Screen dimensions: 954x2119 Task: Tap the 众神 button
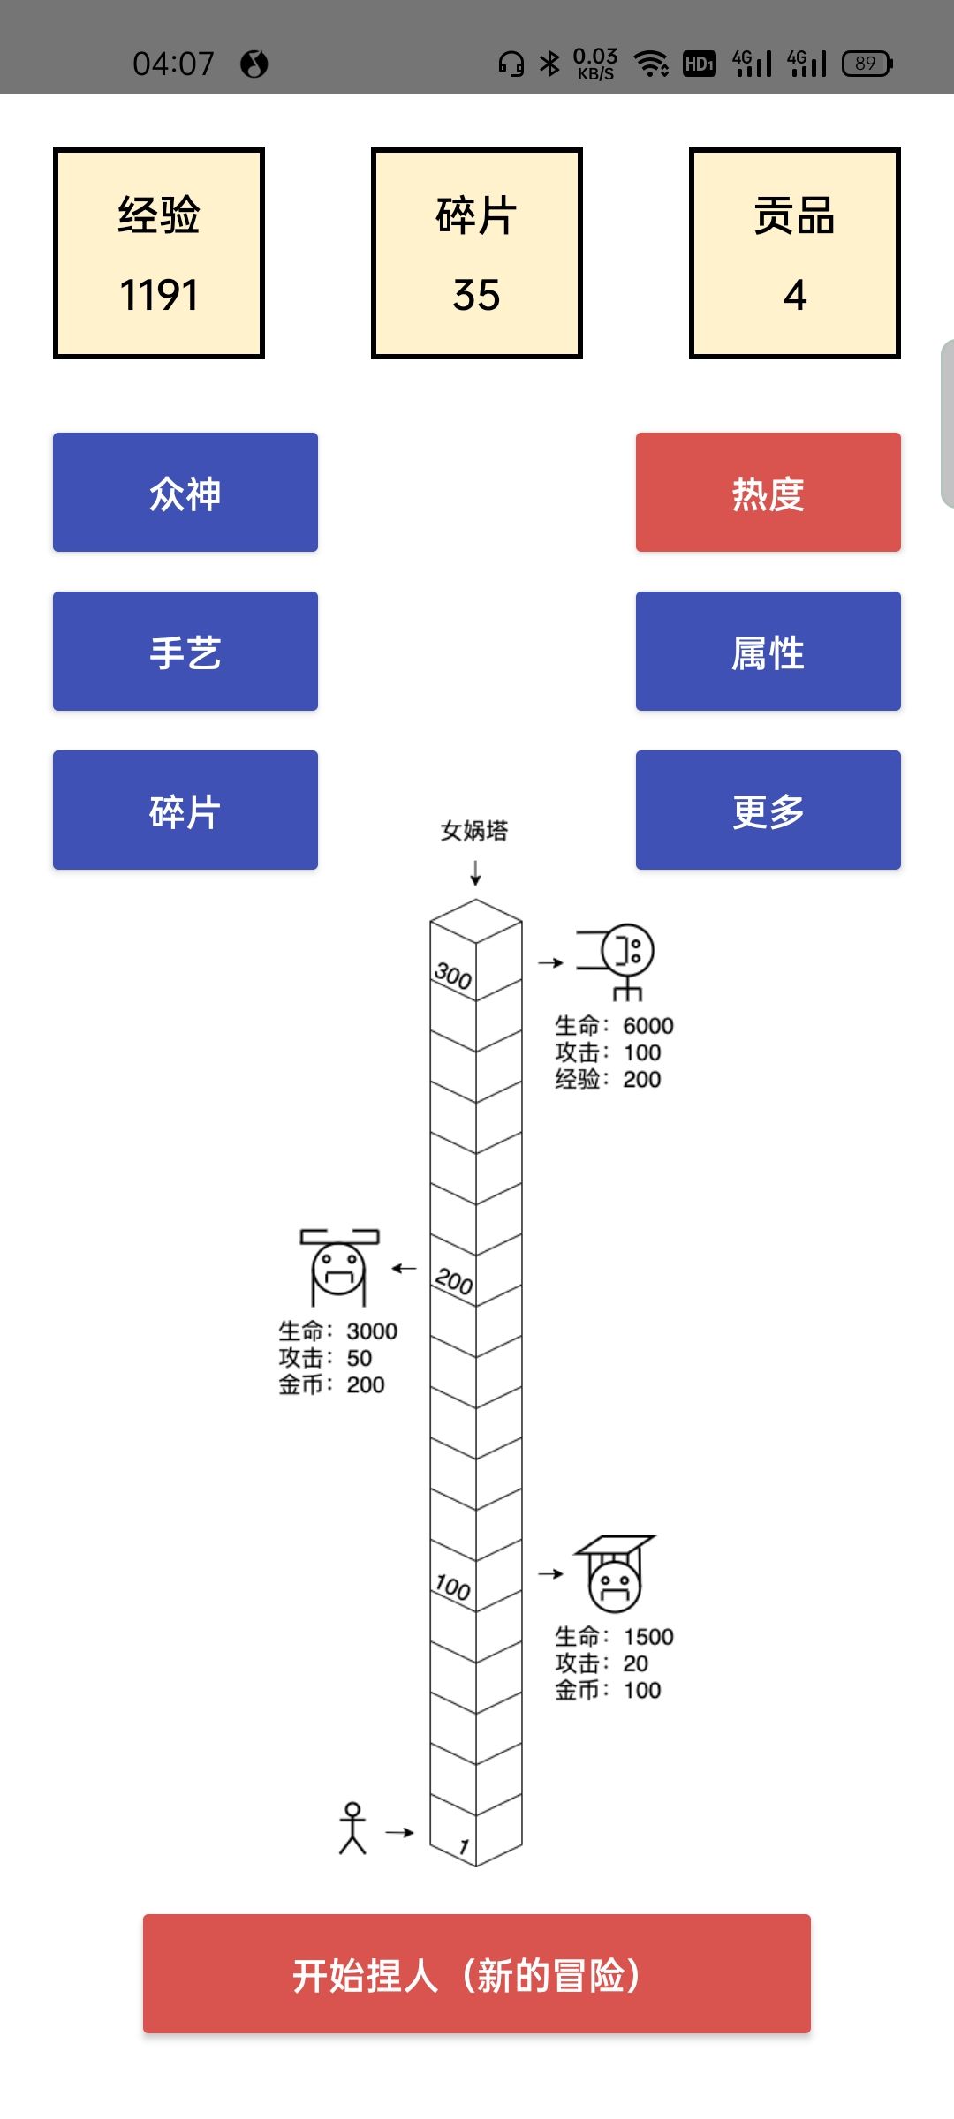click(185, 493)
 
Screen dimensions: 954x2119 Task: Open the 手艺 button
click(185, 652)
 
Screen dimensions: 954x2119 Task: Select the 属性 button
click(768, 652)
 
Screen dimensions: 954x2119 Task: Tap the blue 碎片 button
click(185, 811)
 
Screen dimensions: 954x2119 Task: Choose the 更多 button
click(768, 811)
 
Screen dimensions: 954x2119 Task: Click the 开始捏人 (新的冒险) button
click(477, 1974)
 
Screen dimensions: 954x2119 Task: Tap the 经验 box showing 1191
click(159, 253)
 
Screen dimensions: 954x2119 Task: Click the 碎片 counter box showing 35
click(477, 253)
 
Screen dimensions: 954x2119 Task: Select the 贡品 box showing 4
click(795, 253)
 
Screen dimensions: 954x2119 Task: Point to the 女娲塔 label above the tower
click(474, 831)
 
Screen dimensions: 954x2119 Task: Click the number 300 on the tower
click(453, 976)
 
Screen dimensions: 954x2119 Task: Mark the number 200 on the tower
click(454, 1281)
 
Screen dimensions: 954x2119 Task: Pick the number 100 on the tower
click(453, 1587)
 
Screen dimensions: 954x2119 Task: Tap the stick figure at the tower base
click(352, 1829)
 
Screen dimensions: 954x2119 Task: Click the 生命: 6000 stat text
click(614, 1026)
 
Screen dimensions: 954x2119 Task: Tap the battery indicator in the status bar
click(867, 64)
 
